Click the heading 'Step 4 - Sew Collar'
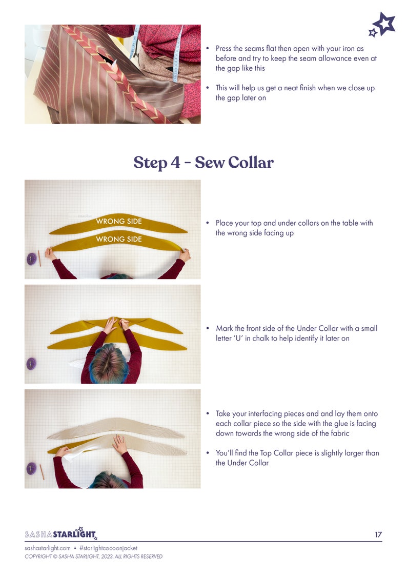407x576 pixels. pos(203,162)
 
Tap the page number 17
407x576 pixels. pos(378,534)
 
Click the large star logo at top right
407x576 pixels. pos(384,23)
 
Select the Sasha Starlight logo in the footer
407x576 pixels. pos(60,534)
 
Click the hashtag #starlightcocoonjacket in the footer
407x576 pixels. pos(109,548)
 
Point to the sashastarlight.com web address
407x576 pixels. pos(48,548)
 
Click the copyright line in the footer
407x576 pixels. pos(93,557)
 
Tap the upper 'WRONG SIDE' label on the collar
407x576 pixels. pos(118,222)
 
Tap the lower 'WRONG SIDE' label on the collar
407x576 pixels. pos(118,239)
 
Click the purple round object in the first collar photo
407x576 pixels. pos(32,259)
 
